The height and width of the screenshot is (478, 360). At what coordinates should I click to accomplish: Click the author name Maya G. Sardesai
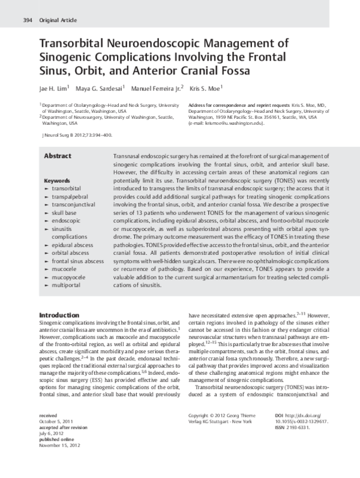(x=99, y=89)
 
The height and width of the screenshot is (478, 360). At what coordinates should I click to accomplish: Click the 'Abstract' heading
(x=58, y=156)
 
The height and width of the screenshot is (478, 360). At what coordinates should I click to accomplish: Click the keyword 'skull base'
(x=65, y=213)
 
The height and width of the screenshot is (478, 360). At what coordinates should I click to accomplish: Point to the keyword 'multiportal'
(x=67, y=286)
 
